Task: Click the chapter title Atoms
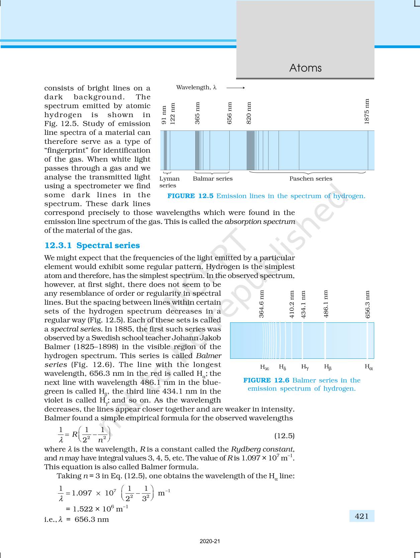[x=305, y=68]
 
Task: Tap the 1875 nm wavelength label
[x=367, y=111]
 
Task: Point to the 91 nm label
[x=164, y=115]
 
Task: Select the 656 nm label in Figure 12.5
[x=229, y=113]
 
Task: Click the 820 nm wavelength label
[x=249, y=113]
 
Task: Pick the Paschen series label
[x=311, y=179]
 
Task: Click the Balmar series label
[x=212, y=179]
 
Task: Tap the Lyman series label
[x=169, y=182]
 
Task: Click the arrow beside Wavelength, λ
[x=235, y=88]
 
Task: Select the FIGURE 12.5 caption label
[x=190, y=196]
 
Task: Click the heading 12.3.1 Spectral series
[x=92, y=246]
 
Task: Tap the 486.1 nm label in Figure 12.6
[x=326, y=304]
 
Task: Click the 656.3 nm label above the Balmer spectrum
[x=367, y=304]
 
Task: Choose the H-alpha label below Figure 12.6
[x=369, y=367]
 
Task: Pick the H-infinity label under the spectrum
[x=265, y=367]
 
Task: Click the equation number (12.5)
[x=284, y=436]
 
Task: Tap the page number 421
[x=362, y=516]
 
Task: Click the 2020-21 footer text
[x=210, y=541]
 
